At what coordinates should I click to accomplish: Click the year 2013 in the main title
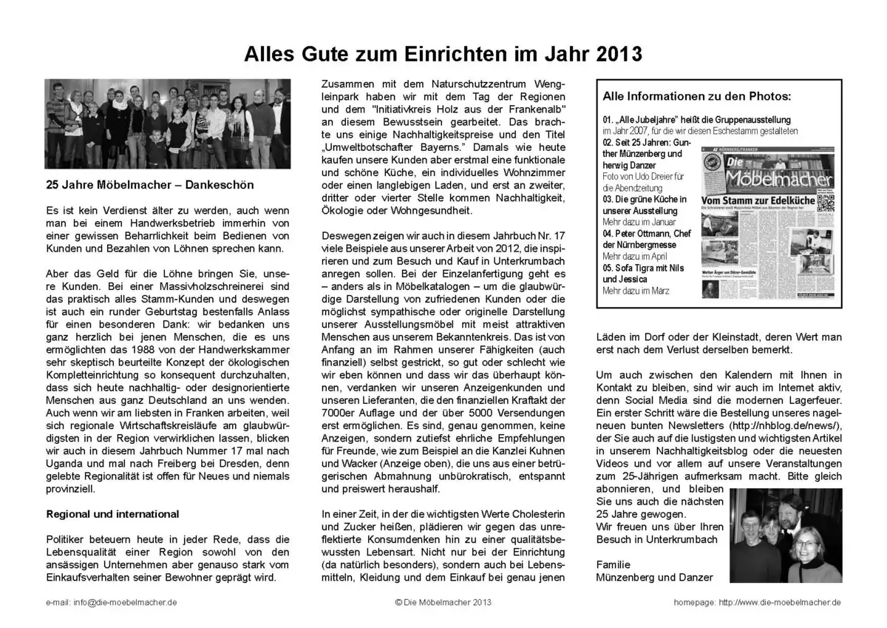coord(614,54)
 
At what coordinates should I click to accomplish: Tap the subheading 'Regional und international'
coord(112,514)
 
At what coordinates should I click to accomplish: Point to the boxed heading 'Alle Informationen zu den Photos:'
coord(696,96)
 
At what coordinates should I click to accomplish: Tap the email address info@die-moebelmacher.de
coord(111,603)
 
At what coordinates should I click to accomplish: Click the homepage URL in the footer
coord(780,603)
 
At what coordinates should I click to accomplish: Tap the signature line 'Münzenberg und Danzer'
coord(655,578)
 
